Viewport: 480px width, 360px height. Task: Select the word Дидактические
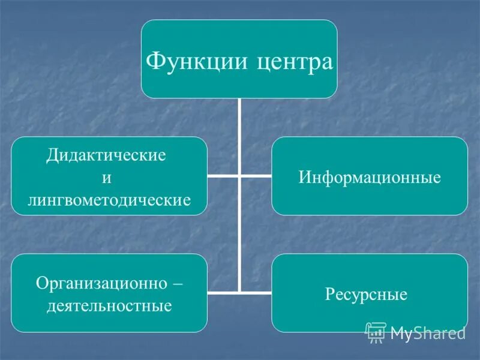pos(106,155)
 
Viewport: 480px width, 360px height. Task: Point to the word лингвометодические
pos(109,199)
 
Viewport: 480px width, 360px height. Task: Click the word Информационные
pos(369,177)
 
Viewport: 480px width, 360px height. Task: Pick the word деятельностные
pos(109,306)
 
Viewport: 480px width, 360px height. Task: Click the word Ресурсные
pos(366,295)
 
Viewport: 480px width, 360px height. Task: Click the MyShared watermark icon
pos(376,331)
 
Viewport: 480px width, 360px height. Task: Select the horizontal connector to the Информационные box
pos(256,177)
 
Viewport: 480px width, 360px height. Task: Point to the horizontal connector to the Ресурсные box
pos(256,293)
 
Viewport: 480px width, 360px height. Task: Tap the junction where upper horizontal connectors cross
pos(239,177)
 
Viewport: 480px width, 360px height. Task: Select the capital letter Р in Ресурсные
pos(329,295)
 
